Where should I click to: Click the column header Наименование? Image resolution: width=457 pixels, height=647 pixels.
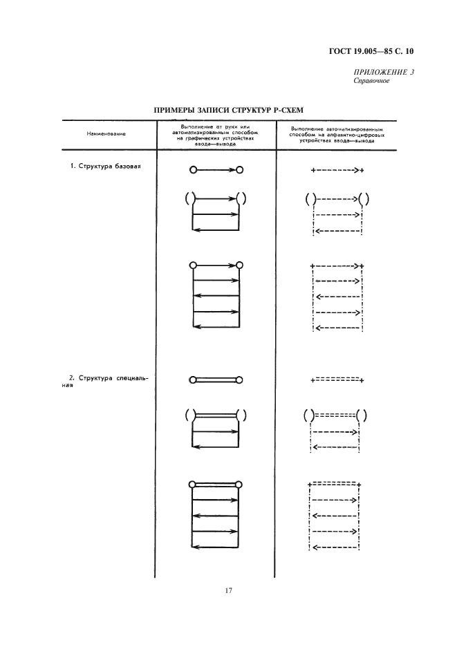point(106,133)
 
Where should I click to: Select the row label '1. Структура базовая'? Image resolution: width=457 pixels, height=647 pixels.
point(105,167)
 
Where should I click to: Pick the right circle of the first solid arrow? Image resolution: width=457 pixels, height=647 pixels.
point(239,169)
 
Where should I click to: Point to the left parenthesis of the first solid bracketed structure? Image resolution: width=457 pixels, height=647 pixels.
point(187,200)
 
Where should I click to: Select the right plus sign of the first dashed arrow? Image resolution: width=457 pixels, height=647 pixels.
point(362,170)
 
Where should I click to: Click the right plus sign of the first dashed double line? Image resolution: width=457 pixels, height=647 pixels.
point(362,379)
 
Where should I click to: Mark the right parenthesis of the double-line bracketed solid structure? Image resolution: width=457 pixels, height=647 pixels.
point(244,415)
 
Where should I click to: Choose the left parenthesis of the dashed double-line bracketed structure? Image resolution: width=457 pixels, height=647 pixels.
point(306,416)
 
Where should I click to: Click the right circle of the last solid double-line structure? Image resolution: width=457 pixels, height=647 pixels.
point(239,485)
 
